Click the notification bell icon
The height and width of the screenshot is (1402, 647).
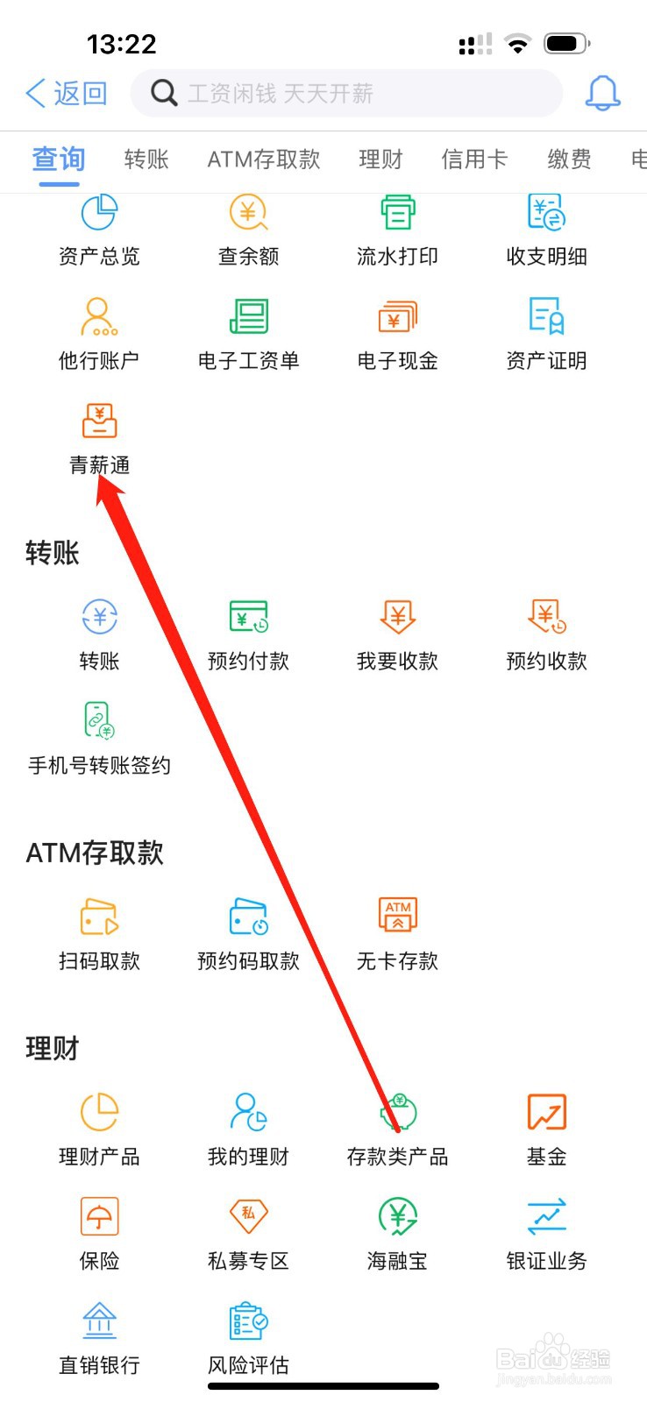(x=602, y=93)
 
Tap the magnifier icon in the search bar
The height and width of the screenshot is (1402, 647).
(x=164, y=92)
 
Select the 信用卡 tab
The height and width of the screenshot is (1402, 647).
(x=473, y=159)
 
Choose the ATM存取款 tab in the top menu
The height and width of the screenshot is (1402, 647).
(x=263, y=159)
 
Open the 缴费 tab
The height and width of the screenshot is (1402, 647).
(x=569, y=159)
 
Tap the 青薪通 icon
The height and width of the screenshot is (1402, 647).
(x=99, y=421)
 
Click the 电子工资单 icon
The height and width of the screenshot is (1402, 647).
(x=248, y=316)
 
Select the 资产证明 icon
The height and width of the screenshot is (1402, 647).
(x=546, y=316)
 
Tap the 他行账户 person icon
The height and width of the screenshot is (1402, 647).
(x=99, y=316)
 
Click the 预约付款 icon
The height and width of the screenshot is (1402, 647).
(x=248, y=617)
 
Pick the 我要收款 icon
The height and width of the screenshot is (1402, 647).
(x=397, y=617)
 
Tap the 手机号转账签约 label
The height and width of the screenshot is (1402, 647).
(x=99, y=765)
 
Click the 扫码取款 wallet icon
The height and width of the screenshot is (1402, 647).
(x=99, y=917)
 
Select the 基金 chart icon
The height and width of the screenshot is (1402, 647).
(x=546, y=1112)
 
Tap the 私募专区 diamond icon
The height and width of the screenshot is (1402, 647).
(x=248, y=1215)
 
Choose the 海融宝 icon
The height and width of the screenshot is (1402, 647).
(x=397, y=1215)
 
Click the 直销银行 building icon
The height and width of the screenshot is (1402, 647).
(x=99, y=1320)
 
